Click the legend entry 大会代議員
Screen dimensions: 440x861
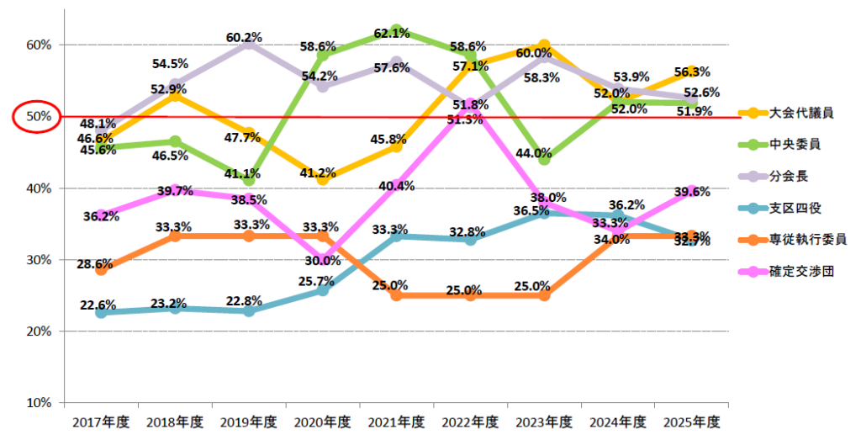[x=795, y=111]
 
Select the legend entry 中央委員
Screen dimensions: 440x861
[x=795, y=143]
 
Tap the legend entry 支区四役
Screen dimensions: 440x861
[x=795, y=208]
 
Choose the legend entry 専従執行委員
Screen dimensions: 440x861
[x=801, y=240]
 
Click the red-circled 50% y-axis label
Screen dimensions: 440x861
[x=36, y=116]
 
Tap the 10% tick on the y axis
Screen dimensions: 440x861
[x=39, y=403]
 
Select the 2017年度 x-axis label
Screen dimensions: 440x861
[x=101, y=421]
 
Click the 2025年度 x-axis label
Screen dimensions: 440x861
[x=691, y=421]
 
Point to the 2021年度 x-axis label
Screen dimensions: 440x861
[x=396, y=421]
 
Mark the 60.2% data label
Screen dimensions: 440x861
[x=245, y=37]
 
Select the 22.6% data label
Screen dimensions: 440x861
[x=98, y=305]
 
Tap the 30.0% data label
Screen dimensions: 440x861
[x=324, y=261]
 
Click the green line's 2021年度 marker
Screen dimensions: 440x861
[x=397, y=29]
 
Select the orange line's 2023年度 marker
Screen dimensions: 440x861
[x=544, y=295]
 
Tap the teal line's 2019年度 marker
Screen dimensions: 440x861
[x=249, y=310]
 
